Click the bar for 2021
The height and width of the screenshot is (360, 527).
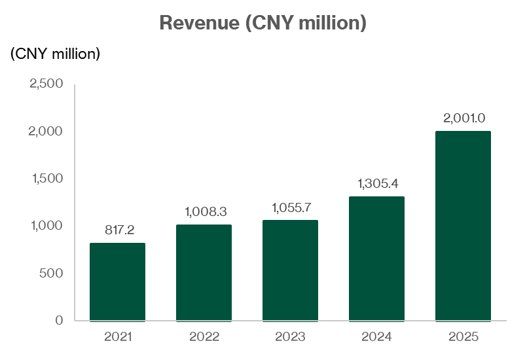click(x=117, y=282)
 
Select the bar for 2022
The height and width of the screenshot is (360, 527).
click(x=204, y=273)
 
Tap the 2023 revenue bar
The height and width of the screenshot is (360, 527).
click(x=290, y=270)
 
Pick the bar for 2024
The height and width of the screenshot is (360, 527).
click(x=376, y=259)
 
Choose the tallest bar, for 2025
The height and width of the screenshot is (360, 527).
click(x=463, y=226)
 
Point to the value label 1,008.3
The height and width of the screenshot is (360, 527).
click(x=204, y=211)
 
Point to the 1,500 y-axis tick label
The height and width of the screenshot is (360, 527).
click(x=46, y=179)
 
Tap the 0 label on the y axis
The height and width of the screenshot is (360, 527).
click(x=59, y=320)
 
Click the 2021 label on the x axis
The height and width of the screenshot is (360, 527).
click(x=117, y=337)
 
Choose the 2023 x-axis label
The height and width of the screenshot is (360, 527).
click(x=290, y=337)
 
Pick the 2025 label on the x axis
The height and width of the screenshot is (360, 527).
click(x=463, y=337)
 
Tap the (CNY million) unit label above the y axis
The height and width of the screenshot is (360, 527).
click(x=55, y=54)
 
